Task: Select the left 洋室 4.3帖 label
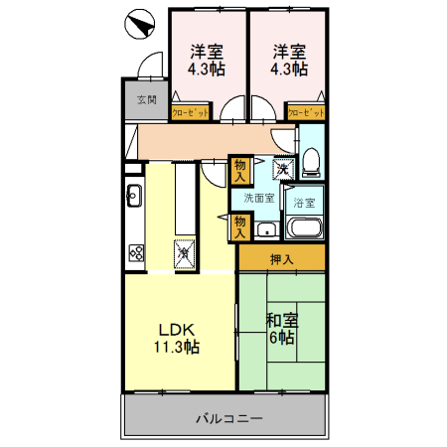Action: (x=207, y=61)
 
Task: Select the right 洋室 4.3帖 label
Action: (x=288, y=61)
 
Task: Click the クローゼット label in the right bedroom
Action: (x=307, y=114)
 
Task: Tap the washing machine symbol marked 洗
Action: (x=283, y=170)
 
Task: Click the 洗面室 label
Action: (x=259, y=199)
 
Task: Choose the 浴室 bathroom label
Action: (x=304, y=204)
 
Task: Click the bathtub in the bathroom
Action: (x=304, y=228)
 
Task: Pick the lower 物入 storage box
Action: (x=239, y=227)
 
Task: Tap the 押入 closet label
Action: (x=281, y=259)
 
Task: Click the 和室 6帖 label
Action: (x=280, y=328)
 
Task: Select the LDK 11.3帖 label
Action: (x=177, y=338)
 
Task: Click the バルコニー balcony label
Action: (x=227, y=418)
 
